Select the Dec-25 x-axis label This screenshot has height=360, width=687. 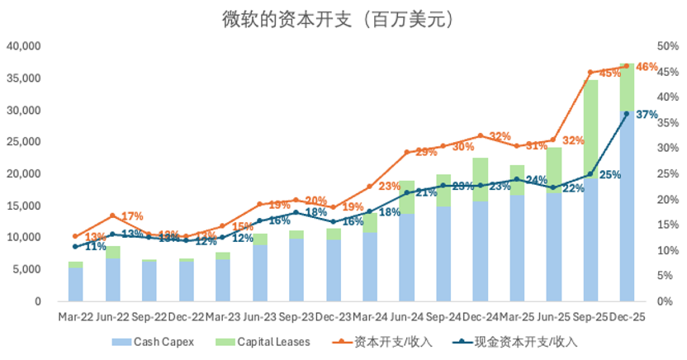(627, 316)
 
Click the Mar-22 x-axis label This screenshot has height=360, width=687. (75, 316)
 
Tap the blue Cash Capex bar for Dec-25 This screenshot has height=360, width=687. (627, 206)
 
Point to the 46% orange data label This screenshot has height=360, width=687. (647, 67)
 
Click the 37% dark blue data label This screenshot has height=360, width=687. (647, 115)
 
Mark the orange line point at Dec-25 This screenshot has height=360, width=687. (627, 66)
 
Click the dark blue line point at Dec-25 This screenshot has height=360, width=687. (627, 113)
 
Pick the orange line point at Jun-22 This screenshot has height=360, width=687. (112, 216)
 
